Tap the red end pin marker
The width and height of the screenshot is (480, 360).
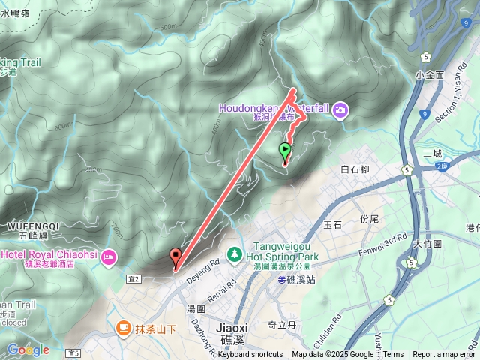[176, 256]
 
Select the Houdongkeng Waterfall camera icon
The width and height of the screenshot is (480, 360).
[340, 111]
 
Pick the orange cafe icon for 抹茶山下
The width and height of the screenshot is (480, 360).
[123, 328]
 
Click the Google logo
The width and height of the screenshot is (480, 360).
[28, 349]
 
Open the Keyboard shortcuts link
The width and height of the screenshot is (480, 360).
[250, 355]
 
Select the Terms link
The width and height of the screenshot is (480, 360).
[393, 355]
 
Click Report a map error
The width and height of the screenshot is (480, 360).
[444, 355]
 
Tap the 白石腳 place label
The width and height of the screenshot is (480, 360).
[356, 170]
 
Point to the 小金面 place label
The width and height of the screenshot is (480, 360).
[430, 75]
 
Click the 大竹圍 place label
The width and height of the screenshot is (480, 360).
[427, 244]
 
